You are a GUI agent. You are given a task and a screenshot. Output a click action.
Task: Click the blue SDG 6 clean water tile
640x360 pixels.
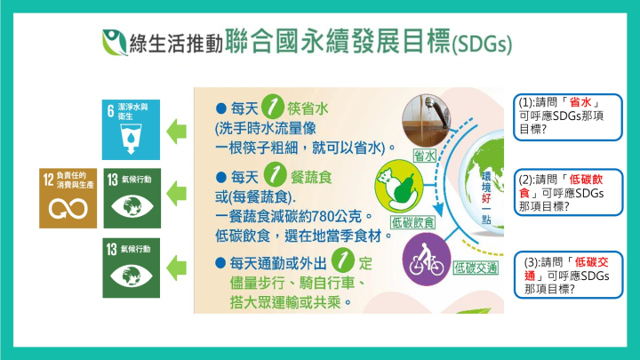click(x=131, y=130)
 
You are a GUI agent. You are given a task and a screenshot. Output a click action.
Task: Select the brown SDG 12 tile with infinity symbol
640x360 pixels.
click(x=68, y=198)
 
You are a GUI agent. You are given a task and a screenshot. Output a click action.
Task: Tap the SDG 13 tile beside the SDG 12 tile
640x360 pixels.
click(x=132, y=198)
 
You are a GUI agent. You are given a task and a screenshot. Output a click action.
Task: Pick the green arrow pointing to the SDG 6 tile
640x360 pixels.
click(x=176, y=132)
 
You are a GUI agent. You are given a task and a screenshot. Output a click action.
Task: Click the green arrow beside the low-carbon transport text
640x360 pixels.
click(x=176, y=268)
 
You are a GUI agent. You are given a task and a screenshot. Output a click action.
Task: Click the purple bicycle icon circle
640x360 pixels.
click(x=427, y=260)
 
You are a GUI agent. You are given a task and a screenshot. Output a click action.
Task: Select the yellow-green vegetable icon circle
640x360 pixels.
click(x=399, y=186)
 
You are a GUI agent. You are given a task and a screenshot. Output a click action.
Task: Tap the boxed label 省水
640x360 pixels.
click(x=425, y=156)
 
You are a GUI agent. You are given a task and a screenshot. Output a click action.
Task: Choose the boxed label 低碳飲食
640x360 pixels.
click(x=412, y=222)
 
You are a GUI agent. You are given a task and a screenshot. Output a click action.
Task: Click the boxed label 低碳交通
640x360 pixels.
click(x=476, y=268)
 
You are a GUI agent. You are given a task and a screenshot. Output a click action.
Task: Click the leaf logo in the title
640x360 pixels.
click(x=115, y=43)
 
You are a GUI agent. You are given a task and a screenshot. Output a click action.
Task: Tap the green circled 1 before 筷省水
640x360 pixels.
click(x=273, y=107)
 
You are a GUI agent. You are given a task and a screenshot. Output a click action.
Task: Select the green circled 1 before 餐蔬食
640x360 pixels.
click(x=275, y=174)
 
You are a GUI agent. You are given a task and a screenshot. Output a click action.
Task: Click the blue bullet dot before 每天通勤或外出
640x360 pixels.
click(x=220, y=263)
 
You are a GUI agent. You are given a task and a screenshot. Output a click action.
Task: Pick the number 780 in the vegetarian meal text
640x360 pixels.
click(x=323, y=216)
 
